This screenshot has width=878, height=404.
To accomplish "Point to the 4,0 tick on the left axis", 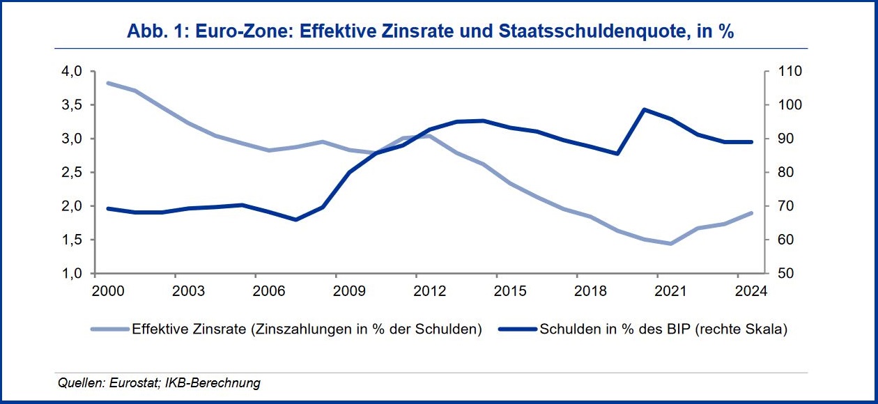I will [x=73, y=71].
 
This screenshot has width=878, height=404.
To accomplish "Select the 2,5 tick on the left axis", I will [x=73, y=172].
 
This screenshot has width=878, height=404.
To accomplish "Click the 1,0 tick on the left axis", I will [x=73, y=273].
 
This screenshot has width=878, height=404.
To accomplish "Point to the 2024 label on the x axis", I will [x=751, y=290].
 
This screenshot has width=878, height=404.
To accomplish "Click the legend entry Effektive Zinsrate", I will [x=307, y=329].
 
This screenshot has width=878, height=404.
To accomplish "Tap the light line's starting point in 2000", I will [x=109, y=83].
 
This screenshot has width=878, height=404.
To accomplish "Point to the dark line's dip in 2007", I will [x=295, y=219].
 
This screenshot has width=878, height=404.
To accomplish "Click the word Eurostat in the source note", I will [x=129, y=383].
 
